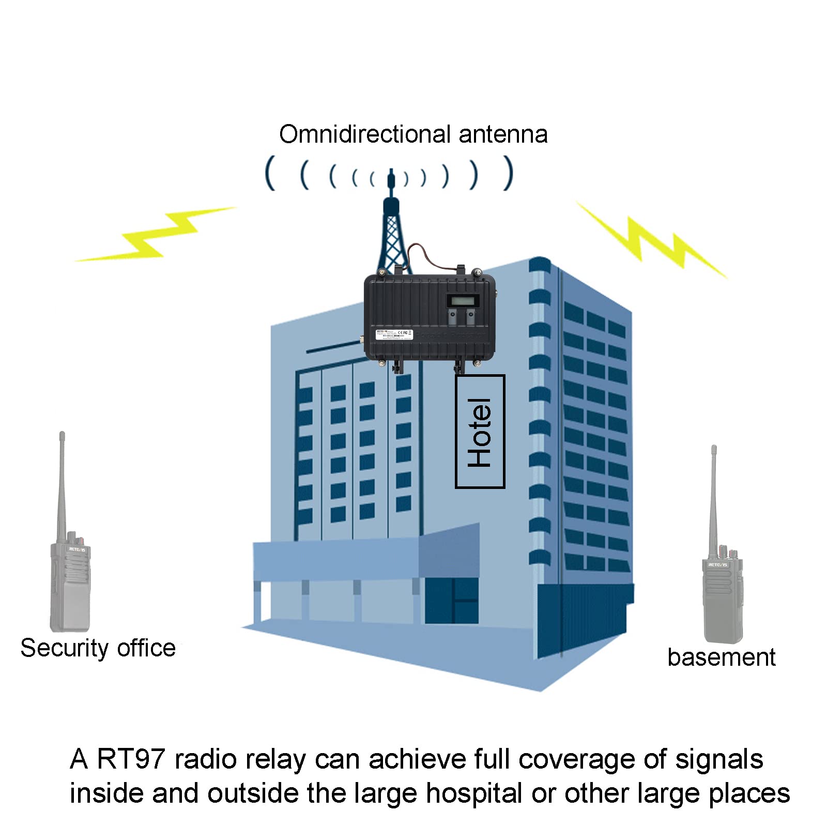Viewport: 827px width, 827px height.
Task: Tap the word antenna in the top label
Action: pyautogui.click(x=502, y=134)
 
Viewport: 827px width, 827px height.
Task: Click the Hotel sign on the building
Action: pyautogui.click(x=480, y=432)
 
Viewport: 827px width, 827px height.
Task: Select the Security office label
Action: pyautogui.click(x=98, y=648)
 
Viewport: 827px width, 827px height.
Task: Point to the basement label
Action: pyautogui.click(x=721, y=657)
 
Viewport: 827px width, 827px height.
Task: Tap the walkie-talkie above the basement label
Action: pyautogui.click(x=723, y=594)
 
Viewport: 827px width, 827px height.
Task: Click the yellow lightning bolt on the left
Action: pyautogui.click(x=155, y=235)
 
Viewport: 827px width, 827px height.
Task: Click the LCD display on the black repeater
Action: pyautogui.click(x=463, y=301)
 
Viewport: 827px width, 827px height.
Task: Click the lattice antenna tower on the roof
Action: pyautogui.click(x=392, y=233)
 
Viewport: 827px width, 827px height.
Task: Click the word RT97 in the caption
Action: pyautogui.click(x=130, y=759)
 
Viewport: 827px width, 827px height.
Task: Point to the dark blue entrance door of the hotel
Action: pyautogui.click(x=451, y=601)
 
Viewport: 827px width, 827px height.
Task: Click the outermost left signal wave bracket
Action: pyautogui.click(x=269, y=173)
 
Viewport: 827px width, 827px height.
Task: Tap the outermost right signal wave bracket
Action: pyautogui.click(x=510, y=173)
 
